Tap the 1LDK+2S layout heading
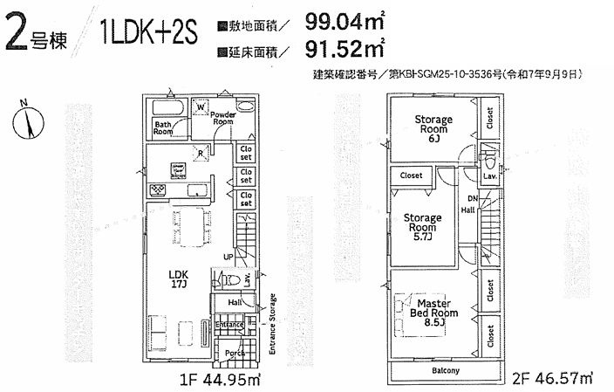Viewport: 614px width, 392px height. click(148, 35)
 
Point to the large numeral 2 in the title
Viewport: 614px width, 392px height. click(17, 34)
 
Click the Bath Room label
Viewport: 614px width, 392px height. click(164, 128)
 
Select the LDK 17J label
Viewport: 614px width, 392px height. click(179, 277)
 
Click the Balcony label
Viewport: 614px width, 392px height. click(446, 370)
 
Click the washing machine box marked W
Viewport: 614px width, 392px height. click(201, 107)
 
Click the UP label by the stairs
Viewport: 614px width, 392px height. click(228, 258)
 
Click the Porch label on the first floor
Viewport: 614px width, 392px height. click(235, 353)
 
